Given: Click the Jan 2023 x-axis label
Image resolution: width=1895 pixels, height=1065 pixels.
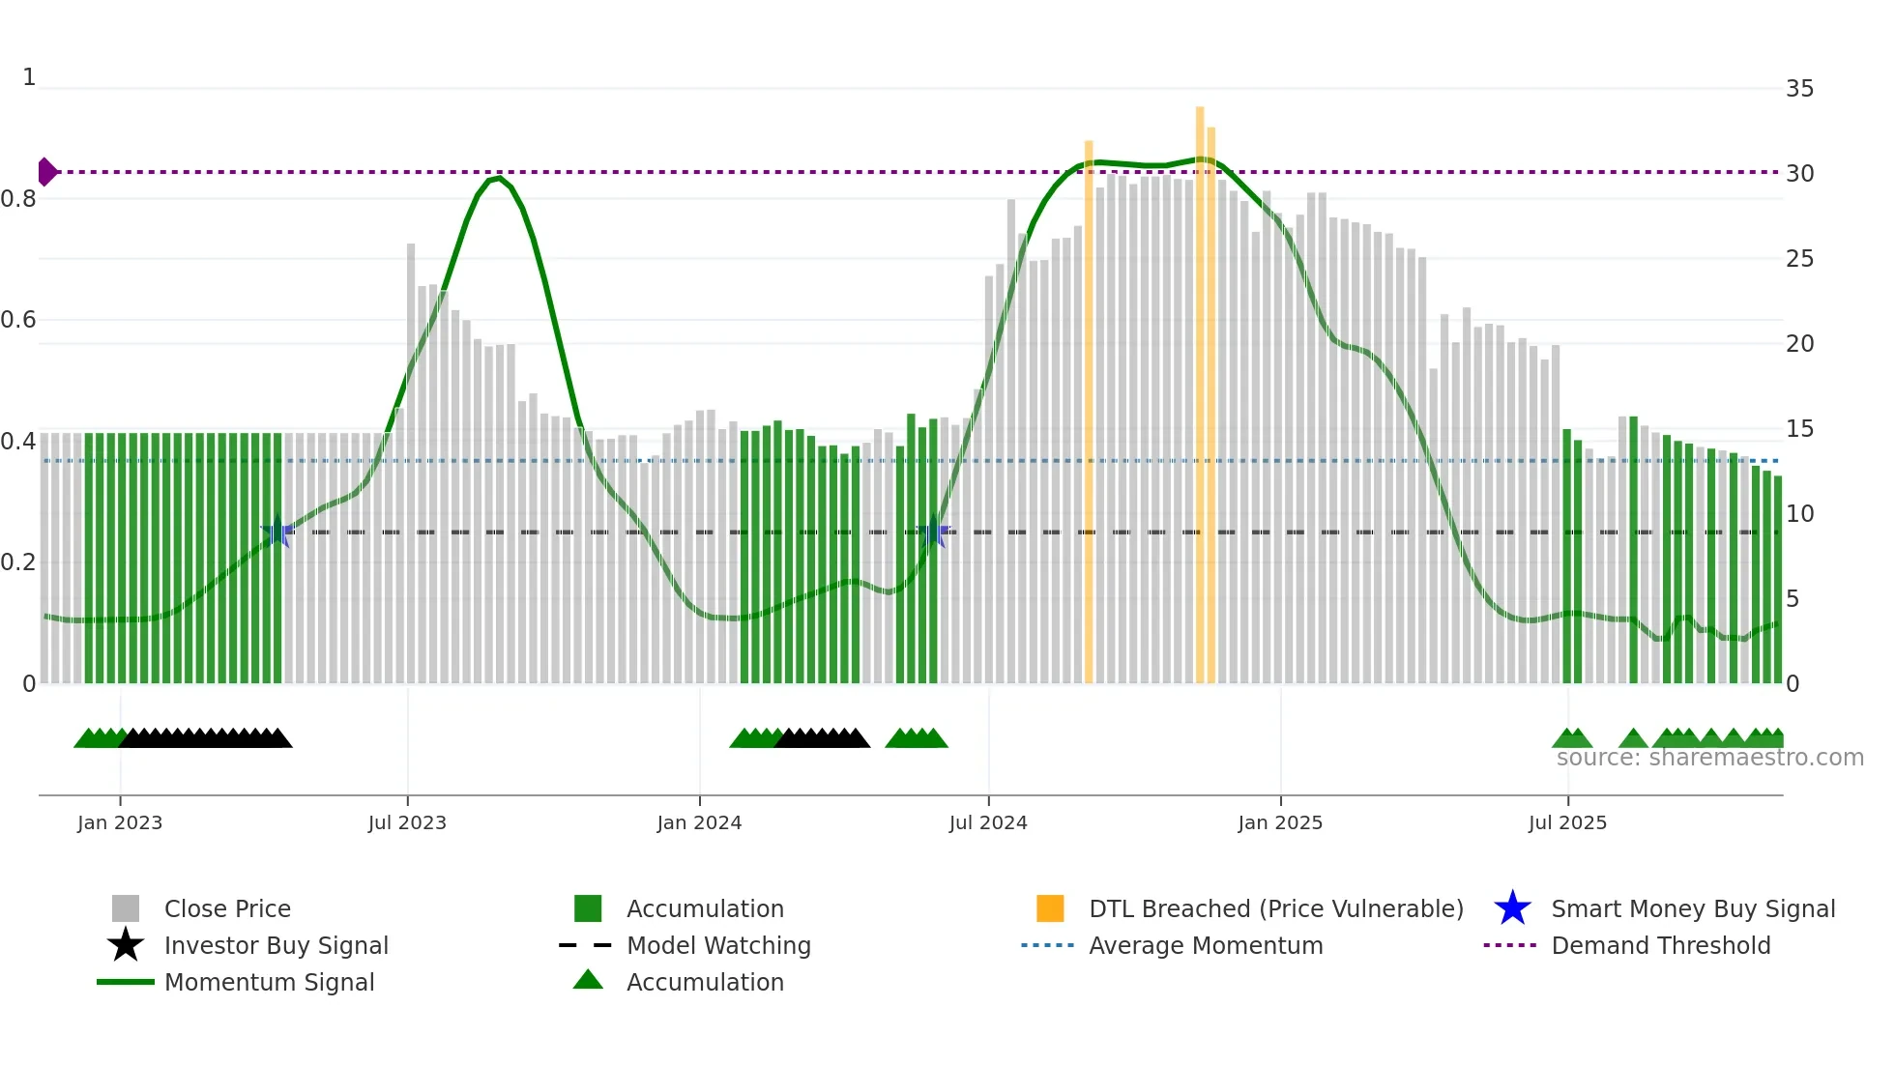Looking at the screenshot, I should click(120, 823).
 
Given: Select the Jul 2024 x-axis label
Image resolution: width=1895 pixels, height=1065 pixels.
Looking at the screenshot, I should click(988, 823).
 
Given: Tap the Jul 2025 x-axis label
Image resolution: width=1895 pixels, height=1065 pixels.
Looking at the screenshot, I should click(1567, 823).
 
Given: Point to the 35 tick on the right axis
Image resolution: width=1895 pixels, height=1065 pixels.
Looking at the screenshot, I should click(1799, 89).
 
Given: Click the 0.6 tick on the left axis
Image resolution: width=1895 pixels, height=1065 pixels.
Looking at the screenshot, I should click(18, 320).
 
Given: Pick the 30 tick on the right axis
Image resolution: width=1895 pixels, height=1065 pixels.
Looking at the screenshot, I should click(1799, 174).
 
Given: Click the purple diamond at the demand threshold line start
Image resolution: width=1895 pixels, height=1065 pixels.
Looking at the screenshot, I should click(46, 172).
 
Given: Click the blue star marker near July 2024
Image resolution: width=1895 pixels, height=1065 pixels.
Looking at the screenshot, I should click(934, 531).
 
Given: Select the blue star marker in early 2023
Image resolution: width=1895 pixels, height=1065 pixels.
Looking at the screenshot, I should click(277, 531).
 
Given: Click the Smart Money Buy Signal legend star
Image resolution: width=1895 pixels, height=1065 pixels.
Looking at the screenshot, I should click(1512, 908).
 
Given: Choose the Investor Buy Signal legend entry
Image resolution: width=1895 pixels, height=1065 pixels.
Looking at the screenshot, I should click(276, 945).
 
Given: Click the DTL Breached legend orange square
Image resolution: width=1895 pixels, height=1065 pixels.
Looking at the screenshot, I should click(1050, 908).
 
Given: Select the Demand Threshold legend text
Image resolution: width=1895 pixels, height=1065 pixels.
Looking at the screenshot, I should click(1660, 945).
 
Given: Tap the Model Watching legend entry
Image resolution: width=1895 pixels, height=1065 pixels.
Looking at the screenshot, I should click(718, 945).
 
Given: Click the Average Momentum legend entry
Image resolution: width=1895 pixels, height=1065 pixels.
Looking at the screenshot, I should click(1205, 945).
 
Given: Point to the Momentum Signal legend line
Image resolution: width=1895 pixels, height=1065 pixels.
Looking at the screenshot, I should click(126, 982).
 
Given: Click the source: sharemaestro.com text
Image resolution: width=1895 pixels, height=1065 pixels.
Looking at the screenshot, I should click(1709, 758).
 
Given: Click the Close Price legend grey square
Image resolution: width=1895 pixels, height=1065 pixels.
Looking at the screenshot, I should click(126, 908).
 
